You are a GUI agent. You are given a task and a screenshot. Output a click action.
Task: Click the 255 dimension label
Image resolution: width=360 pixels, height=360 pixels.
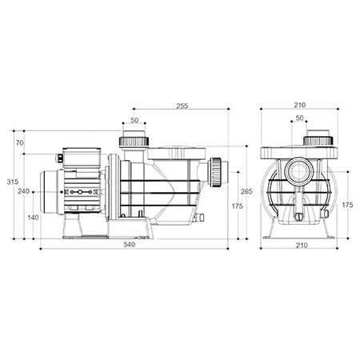click(x=182, y=106)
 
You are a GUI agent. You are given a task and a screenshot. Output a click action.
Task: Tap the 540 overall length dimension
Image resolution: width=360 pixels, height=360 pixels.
click(x=130, y=245)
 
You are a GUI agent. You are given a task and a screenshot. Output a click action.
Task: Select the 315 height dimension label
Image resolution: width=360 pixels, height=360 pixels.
click(x=13, y=182)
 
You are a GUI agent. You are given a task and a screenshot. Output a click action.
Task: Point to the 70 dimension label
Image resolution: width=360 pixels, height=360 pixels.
click(x=19, y=143)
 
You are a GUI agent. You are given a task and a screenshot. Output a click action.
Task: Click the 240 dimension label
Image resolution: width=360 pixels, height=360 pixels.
click(x=24, y=191)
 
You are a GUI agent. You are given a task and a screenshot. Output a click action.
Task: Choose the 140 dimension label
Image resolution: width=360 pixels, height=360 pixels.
click(x=33, y=218)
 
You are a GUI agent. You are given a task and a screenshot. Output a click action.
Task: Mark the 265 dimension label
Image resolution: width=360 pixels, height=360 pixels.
click(x=246, y=191)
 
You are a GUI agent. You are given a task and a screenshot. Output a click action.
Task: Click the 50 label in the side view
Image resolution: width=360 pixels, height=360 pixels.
click(x=134, y=120)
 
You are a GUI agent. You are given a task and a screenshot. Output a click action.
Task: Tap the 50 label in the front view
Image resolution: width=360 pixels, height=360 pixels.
click(x=299, y=118)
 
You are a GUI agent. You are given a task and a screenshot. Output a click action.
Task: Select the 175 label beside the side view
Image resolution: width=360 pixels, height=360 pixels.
click(x=237, y=206)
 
